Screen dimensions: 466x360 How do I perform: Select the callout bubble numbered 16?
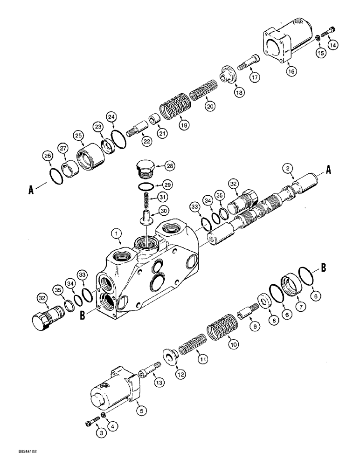291,71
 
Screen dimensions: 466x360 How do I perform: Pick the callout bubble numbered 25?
78,136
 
